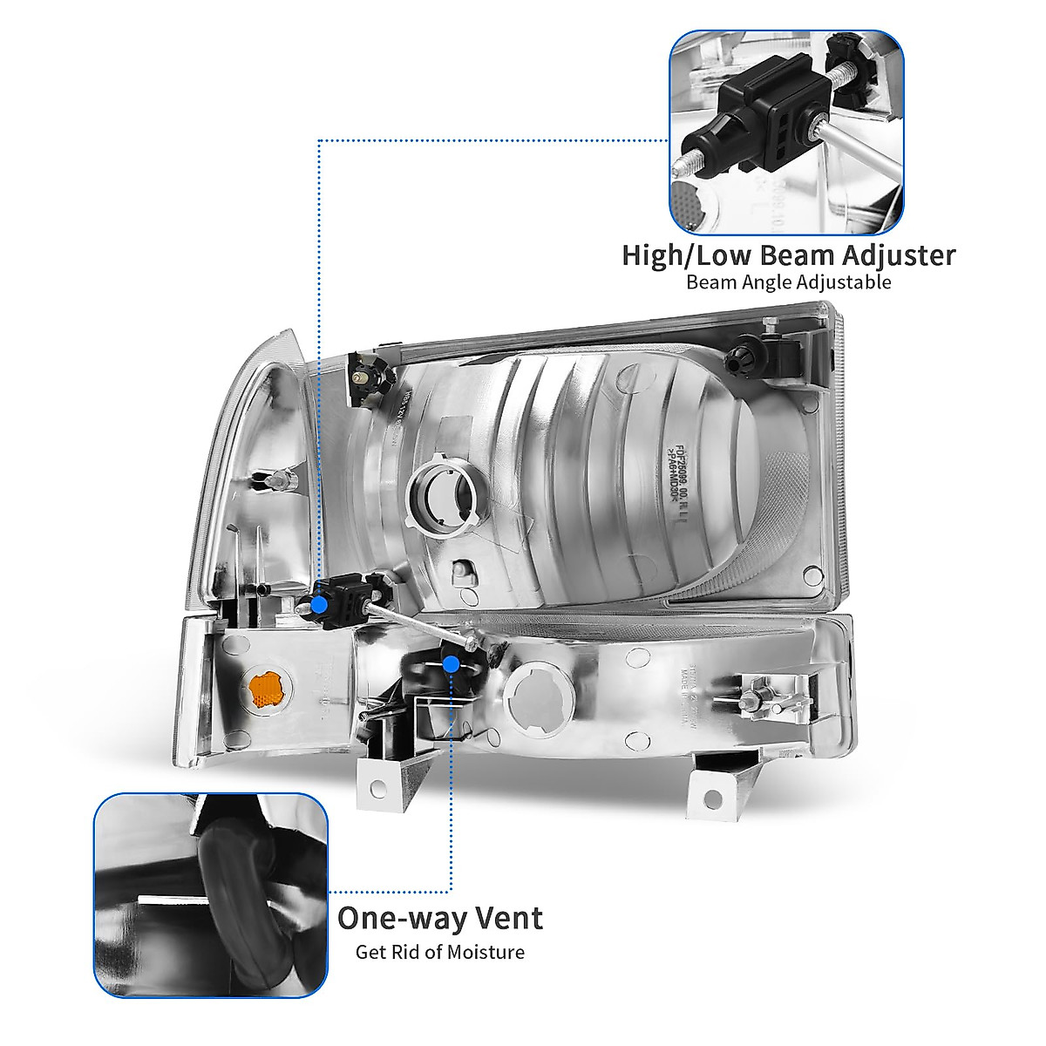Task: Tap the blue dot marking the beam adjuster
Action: click(x=320, y=602)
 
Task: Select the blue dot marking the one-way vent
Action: click(x=451, y=665)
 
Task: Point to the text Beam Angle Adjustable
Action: click(x=788, y=282)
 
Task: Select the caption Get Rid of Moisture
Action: click(x=439, y=951)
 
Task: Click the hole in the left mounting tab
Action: click(x=377, y=786)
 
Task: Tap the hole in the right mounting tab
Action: click(x=712, y=797)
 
